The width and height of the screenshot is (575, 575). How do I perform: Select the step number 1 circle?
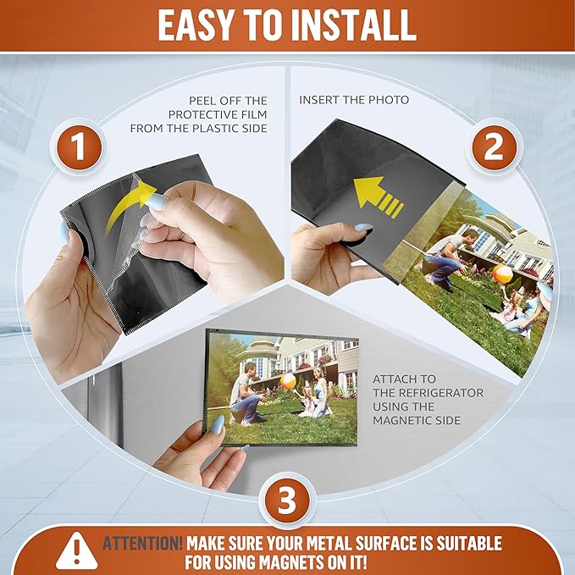(x=79, y=147)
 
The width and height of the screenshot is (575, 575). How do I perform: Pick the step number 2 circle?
(x=494, y=147)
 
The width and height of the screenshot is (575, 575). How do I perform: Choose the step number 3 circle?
(x=287, y=500)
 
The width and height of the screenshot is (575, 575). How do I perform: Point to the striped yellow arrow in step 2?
(x=378, y=197)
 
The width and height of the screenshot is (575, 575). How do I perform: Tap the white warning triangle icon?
(x=77, y=550)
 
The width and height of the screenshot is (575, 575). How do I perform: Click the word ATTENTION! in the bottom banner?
(x=142, y=543)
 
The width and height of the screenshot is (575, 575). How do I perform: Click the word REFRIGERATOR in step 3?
(x=428, y=393)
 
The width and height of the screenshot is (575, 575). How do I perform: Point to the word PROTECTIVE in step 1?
(x=200, y=114)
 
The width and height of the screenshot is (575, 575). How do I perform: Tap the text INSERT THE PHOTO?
(x=354, y=100)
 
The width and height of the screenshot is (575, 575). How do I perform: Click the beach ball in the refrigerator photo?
(x=288, y=381)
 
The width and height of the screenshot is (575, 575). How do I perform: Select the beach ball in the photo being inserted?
(x=502, y=274)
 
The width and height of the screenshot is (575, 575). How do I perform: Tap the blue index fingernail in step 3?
(x=218, y=424)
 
